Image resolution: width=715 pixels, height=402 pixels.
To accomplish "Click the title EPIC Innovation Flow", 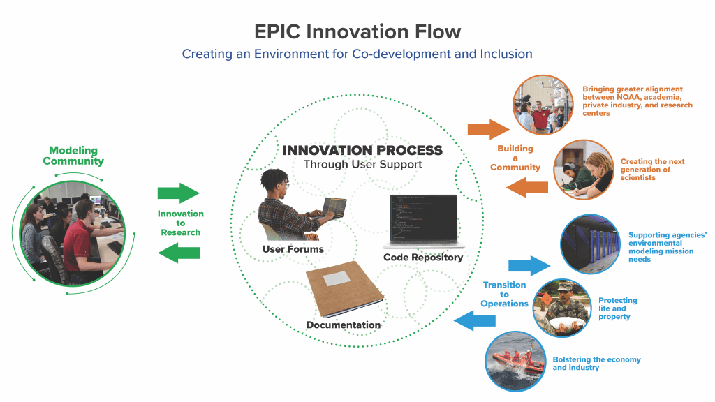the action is coord(357,31).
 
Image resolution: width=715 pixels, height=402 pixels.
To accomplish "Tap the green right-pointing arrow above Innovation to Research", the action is coord(179,193).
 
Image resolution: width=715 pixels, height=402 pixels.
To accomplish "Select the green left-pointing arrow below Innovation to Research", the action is coord(179,253).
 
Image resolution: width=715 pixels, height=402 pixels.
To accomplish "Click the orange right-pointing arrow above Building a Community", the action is coord(488,129).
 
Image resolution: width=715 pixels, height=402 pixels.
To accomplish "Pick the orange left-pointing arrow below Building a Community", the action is coord(527,187).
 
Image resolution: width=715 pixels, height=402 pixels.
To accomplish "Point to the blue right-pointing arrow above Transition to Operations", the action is coord(529,265).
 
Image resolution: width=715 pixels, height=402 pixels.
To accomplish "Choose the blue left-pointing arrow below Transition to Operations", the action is coord(475,321).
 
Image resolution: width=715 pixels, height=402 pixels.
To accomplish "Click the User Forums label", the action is coord(293,249).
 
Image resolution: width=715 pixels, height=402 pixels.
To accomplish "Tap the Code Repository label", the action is coord(423,258).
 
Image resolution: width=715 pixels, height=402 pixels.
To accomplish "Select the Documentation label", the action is coord(344,325).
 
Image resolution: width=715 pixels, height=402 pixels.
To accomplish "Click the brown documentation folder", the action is coord(344,289).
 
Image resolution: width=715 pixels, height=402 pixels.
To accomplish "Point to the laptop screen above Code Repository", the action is coord(424,217).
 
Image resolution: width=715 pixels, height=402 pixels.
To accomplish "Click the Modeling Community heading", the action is coord(73,156).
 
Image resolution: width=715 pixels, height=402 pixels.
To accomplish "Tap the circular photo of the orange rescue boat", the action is coord(516,362).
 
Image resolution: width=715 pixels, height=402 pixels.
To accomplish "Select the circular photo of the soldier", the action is coord(562,308).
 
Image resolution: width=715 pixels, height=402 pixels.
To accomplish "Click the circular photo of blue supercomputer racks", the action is coord(591,244).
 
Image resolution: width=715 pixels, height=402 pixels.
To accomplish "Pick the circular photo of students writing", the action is coord(584,170).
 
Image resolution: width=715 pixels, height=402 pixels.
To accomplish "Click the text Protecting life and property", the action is coord(618,308).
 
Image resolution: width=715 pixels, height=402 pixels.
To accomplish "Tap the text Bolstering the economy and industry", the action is coord(596,364).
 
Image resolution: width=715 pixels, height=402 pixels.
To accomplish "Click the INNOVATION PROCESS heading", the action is coord(362,151).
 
